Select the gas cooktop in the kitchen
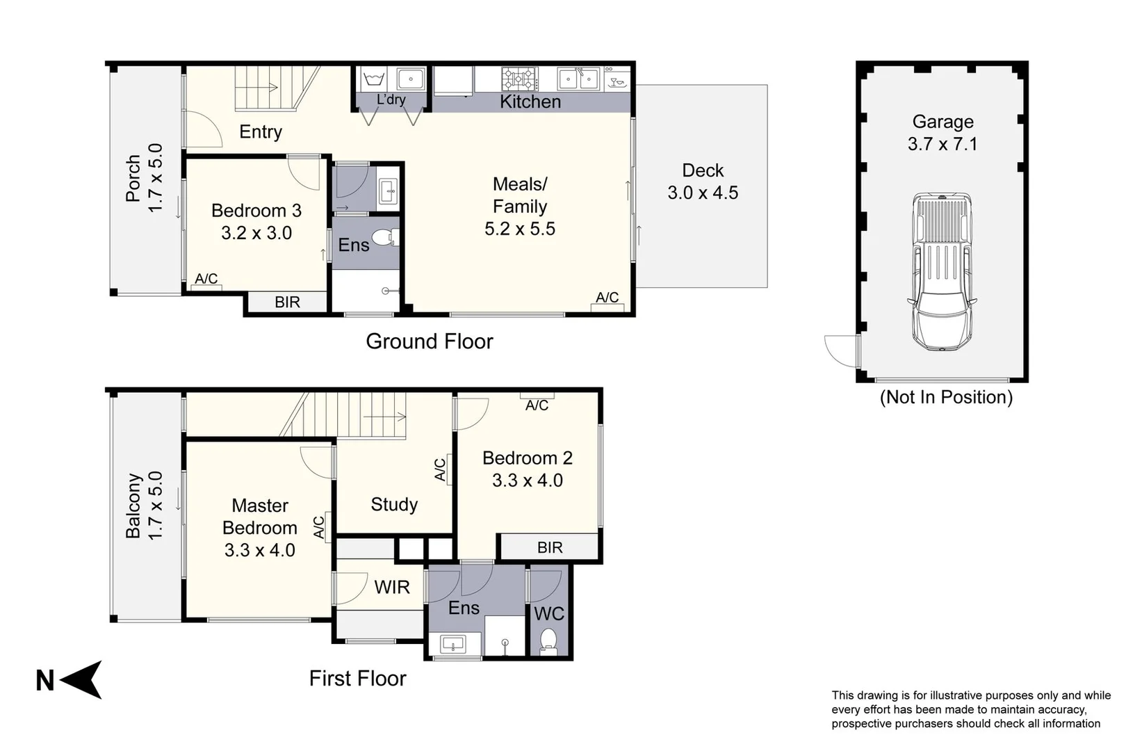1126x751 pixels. coord(520,79)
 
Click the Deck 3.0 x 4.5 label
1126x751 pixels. coord(703,181)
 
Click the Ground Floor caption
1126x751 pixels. coord(429,341)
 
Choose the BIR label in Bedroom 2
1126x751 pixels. coord(549,547)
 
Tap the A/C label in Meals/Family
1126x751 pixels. coord(607,298)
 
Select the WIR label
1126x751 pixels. coord(391,588)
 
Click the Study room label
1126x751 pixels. coord(394,504)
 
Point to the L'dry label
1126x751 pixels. coord(391,99)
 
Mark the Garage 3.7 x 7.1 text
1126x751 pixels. coord(943,133)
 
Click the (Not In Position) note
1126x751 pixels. coord(945,397)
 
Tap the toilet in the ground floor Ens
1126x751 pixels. coord(385,239)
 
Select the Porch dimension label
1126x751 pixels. coord(144,178)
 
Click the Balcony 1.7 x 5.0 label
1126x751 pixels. coord(144,506)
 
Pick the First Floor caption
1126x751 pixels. coord(357,678)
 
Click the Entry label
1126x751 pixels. coord(261,131)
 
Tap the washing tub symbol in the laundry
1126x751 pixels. coord(374,79)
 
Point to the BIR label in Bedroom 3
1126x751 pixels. coord(287,302)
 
